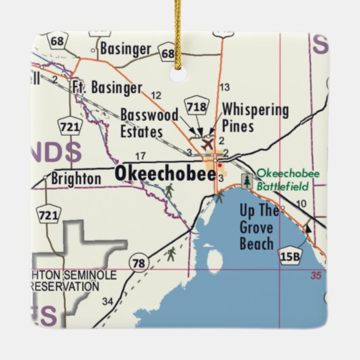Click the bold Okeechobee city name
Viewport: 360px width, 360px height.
(165, 174)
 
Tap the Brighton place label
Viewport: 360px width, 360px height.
(75, 179)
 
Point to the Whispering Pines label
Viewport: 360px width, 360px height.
(255, 118)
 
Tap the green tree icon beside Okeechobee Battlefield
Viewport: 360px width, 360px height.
(246, 181)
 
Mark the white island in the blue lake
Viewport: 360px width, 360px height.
(214, 259)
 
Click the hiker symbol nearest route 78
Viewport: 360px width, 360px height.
(171, 253)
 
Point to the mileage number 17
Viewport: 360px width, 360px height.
(141, 156)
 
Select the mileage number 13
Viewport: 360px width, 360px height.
(225, 87)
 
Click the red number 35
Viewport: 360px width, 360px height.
(314, 275)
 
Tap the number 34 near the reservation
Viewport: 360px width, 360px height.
(107, 301)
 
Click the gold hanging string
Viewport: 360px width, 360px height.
(180, 34)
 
